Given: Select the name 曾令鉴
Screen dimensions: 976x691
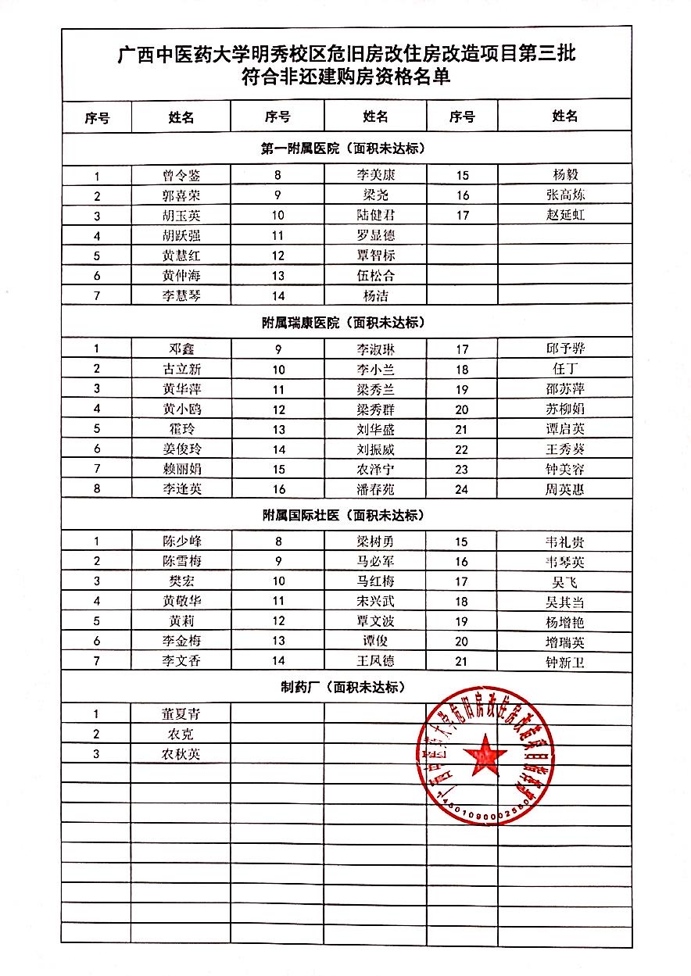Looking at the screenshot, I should tap(181, 175).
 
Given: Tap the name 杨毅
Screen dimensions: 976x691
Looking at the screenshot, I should tap(565, 174).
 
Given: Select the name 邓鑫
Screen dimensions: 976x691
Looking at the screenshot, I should tap(181, 349).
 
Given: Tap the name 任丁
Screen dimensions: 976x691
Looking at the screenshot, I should tap(565, 369).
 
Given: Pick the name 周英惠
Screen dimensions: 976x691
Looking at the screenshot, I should tap(565, 490).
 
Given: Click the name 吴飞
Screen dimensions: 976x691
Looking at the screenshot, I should tap(565, 582).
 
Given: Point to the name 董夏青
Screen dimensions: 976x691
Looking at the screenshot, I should tap(181, 713).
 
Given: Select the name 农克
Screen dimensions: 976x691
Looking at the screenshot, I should tap(181, 734).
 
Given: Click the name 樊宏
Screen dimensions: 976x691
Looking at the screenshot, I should tap(181, 581).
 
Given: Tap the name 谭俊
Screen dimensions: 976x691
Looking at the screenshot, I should tap(375, 642).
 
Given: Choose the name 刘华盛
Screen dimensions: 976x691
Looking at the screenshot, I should tap(375, 429).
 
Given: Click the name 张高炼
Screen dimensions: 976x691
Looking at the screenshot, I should tap(565, 195).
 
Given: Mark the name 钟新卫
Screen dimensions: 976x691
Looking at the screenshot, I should tap(565, 663).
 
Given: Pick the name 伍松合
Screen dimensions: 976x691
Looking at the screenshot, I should tap(375, 275).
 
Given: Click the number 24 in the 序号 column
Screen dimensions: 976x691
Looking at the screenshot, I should tap(461, 490).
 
